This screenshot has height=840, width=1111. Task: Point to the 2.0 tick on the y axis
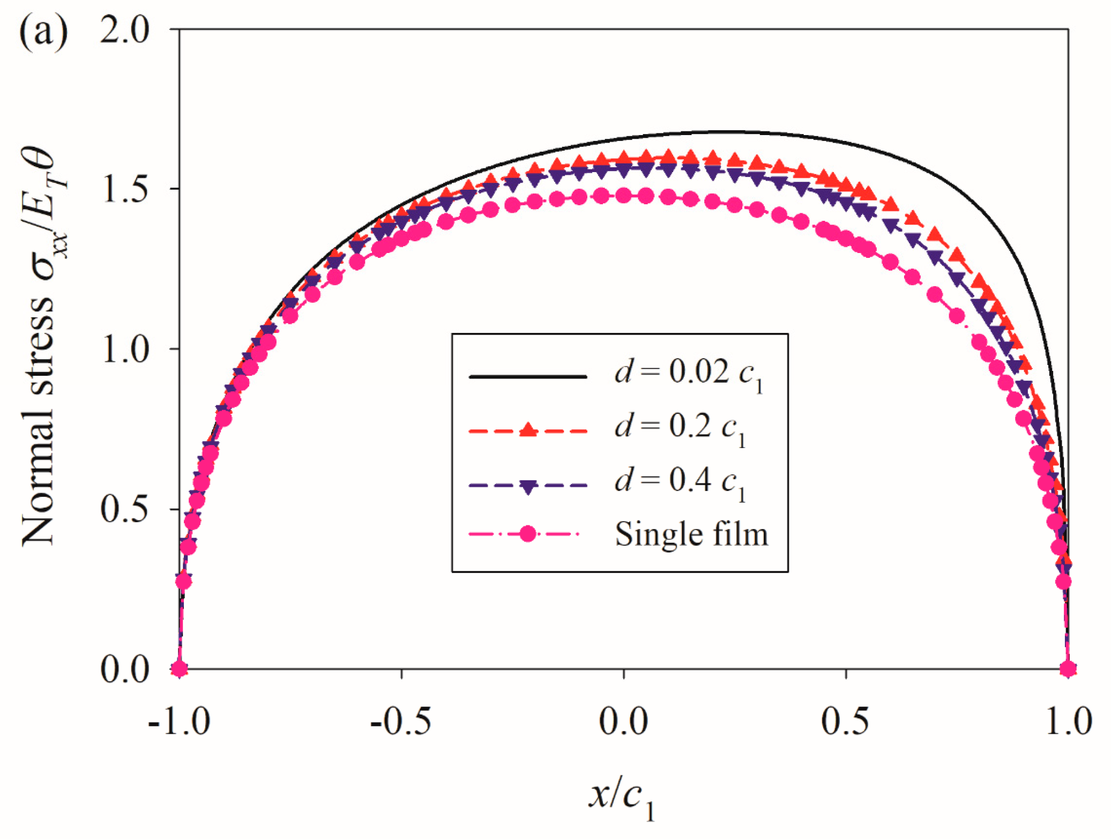pyautogui.click(x=125, y=30)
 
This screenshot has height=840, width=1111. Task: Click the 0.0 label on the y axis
pyautogui.click(x=125, y=668)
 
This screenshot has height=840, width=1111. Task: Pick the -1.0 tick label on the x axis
pyautogui.click(x=179, y=721)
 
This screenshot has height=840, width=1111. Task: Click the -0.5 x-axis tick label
pyautogui.click(x=401, y=721)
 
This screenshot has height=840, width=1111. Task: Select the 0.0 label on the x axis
pyautogui.click(x=623, y=721)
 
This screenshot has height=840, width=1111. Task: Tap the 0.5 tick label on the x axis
pyautogui.click(x=846, y=721)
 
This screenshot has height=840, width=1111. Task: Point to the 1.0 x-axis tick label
pyautogui.click(x=1068, y=721)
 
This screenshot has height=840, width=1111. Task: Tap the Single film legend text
pyautogui.click(x=691, y=534)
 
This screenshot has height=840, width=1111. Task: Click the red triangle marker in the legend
pyautogui.click(x=528, y=429)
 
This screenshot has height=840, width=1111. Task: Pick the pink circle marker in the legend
pyautogui.click(x=528, y=534)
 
